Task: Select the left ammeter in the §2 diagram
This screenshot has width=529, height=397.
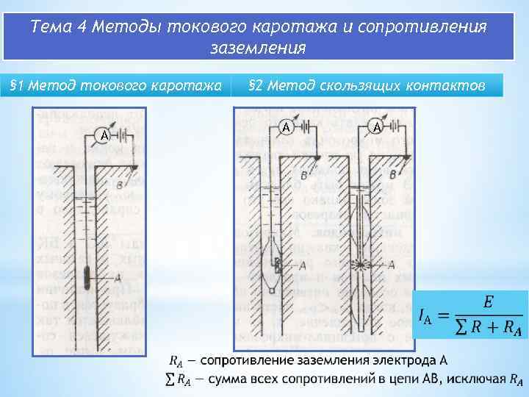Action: coord(287,127)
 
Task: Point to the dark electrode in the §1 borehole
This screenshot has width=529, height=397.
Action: coord(87,279)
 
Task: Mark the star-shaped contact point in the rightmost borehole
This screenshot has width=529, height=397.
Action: coord(363,263)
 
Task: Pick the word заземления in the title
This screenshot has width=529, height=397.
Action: coord(258,49)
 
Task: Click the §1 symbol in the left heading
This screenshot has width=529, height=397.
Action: coord(16,86)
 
